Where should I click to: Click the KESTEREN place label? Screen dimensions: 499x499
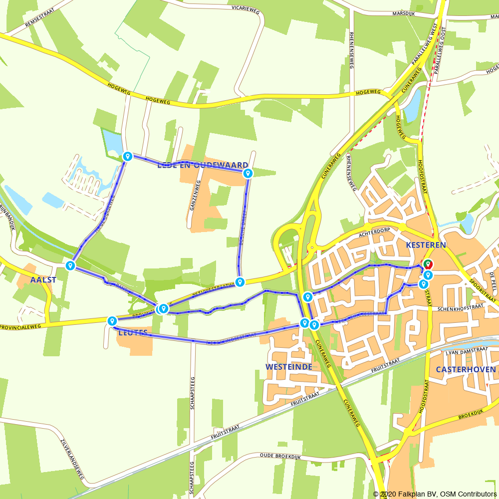click(x=425, y=245)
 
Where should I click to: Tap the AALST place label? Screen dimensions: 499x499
click(x=43, y=280)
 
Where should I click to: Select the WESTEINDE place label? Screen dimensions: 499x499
click(x=289, y=367)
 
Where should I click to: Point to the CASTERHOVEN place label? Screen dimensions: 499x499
click(x=466, y=370)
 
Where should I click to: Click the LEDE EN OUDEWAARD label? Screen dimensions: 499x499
click(x=203, y=165)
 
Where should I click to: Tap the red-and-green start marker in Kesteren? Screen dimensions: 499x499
click(x=428, y=264)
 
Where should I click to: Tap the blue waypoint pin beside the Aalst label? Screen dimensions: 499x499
click(x=70, y=265)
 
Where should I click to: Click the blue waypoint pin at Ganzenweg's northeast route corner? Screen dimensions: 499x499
click(x=248, y=173)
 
